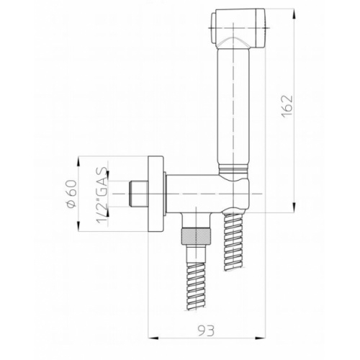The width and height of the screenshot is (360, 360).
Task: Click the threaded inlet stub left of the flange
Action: [138, 193]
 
